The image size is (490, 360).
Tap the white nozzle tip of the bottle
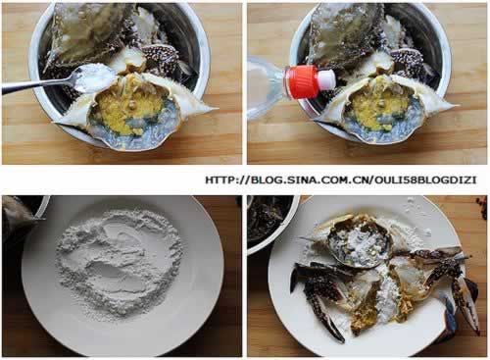(x=326, y=79)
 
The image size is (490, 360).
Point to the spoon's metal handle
(x=37, y=84)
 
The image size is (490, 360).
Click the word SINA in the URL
(x=303, y=180)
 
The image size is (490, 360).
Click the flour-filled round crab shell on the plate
(x=358, y=242)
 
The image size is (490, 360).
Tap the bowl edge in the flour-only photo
(x=41, y=208)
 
